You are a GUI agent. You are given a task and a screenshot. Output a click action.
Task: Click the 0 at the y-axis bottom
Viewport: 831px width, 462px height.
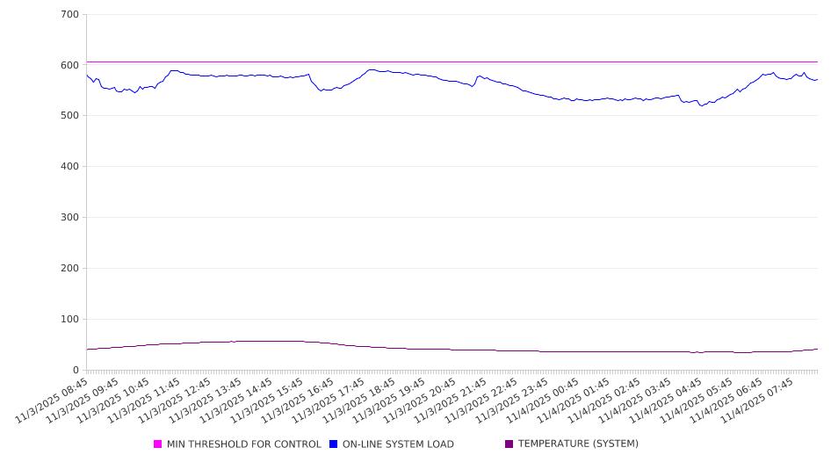[x=76, y=370]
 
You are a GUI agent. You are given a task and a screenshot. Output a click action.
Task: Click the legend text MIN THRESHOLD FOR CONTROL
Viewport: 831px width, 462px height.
[x=243, y=444]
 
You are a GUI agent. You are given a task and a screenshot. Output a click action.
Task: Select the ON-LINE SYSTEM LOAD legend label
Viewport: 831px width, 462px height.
[x=398, y=444]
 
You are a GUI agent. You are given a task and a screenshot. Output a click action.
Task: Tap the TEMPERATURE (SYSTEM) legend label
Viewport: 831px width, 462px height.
[x=578, y=444]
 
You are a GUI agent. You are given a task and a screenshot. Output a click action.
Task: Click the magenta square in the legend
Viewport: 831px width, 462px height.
[x=158, y=444]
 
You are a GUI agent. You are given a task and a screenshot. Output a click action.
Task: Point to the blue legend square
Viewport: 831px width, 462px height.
[x=334, y=444]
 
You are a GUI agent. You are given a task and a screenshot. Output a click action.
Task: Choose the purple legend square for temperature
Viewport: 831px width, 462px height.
[x=509, y=444]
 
